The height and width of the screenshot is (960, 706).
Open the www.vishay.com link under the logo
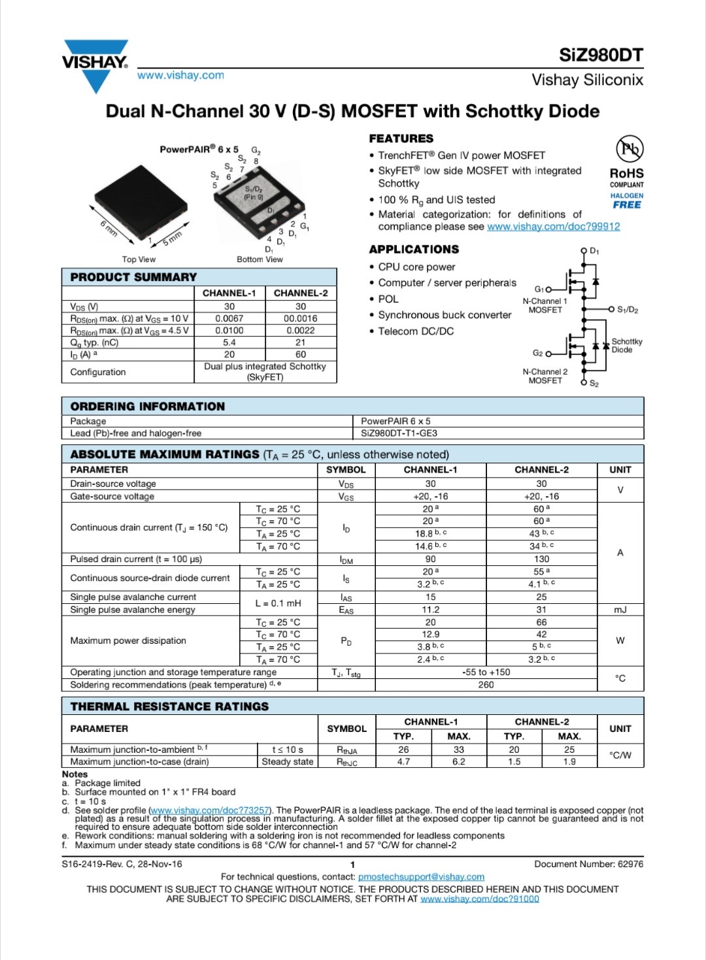[x=180, y=75]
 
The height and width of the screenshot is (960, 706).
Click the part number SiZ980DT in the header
[x=601, y=55]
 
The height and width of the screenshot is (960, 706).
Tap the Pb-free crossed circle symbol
[x=630, y=148]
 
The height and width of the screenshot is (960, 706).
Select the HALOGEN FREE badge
[x=626, y=201]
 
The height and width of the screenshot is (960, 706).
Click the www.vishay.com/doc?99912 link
[x=553, y=227]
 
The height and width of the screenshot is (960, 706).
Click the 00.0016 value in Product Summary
[x=301, y=318]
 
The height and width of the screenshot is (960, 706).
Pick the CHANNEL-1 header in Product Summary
[x=229, y=293]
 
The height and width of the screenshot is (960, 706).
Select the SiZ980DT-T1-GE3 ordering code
[x=399, y=433]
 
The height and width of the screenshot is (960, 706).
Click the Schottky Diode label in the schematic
[x=626, y=346]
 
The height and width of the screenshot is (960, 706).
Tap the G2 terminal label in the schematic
[x=538, y=353]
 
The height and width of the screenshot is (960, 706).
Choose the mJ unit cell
[x=620, y=610]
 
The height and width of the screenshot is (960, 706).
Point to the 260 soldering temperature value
[x=486, y=685]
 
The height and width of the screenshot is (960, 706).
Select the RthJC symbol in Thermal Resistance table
[x=346, y=762]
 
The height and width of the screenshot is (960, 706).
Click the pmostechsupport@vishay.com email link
[x=421, y=877]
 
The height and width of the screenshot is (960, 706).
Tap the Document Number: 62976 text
[x=588, y=864]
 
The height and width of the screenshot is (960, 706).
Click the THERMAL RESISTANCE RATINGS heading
[x=169, y=706]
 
